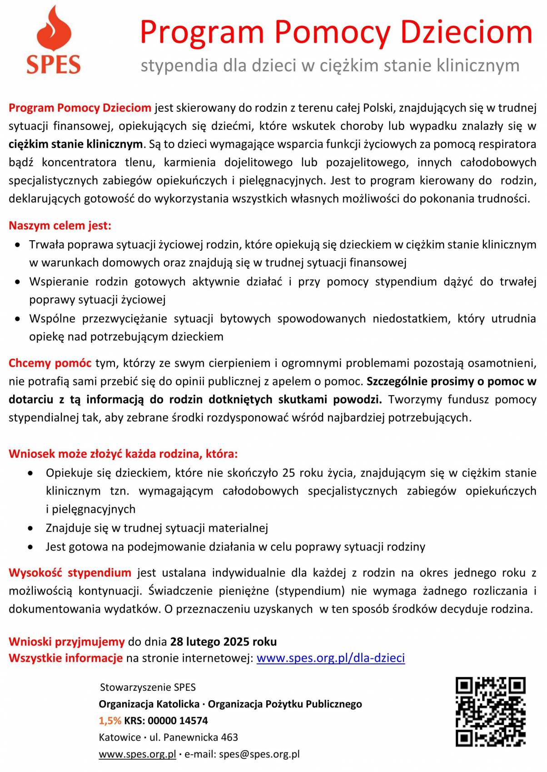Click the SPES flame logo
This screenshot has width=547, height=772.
point(54,40)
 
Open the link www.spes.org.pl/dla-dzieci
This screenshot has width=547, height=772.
point(330,658)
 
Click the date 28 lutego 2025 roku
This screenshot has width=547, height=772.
point(223,642)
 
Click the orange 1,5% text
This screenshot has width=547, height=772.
point(110,720)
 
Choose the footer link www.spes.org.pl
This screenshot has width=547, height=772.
point(137,754)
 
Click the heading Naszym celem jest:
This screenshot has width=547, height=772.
point(60,226)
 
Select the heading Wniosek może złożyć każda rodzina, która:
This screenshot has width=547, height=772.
point(123,454)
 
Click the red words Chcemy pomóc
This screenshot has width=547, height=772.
point(50,363)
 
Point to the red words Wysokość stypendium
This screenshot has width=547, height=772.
point(70,573)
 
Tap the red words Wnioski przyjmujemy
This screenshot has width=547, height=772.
point(66,642)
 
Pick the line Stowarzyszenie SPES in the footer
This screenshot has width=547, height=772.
point(148,687)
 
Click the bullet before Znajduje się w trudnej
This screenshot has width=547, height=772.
point(30,529)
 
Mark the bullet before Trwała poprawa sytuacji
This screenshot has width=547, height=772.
point(17,245)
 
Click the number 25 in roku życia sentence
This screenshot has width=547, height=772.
point(288,473)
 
